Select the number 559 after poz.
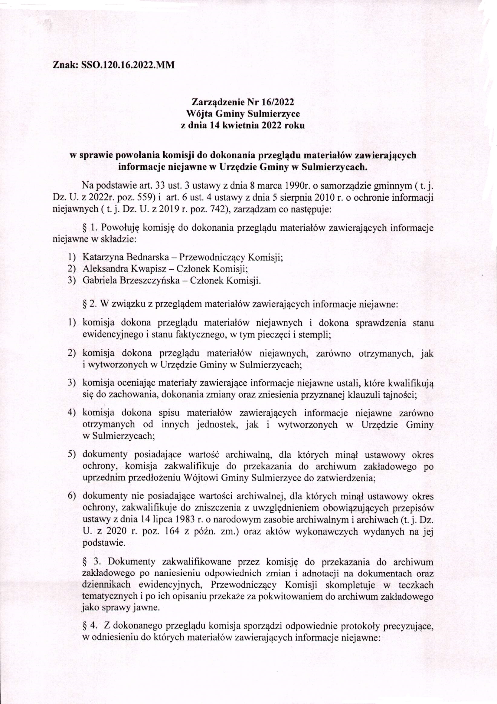pos(145,197)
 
